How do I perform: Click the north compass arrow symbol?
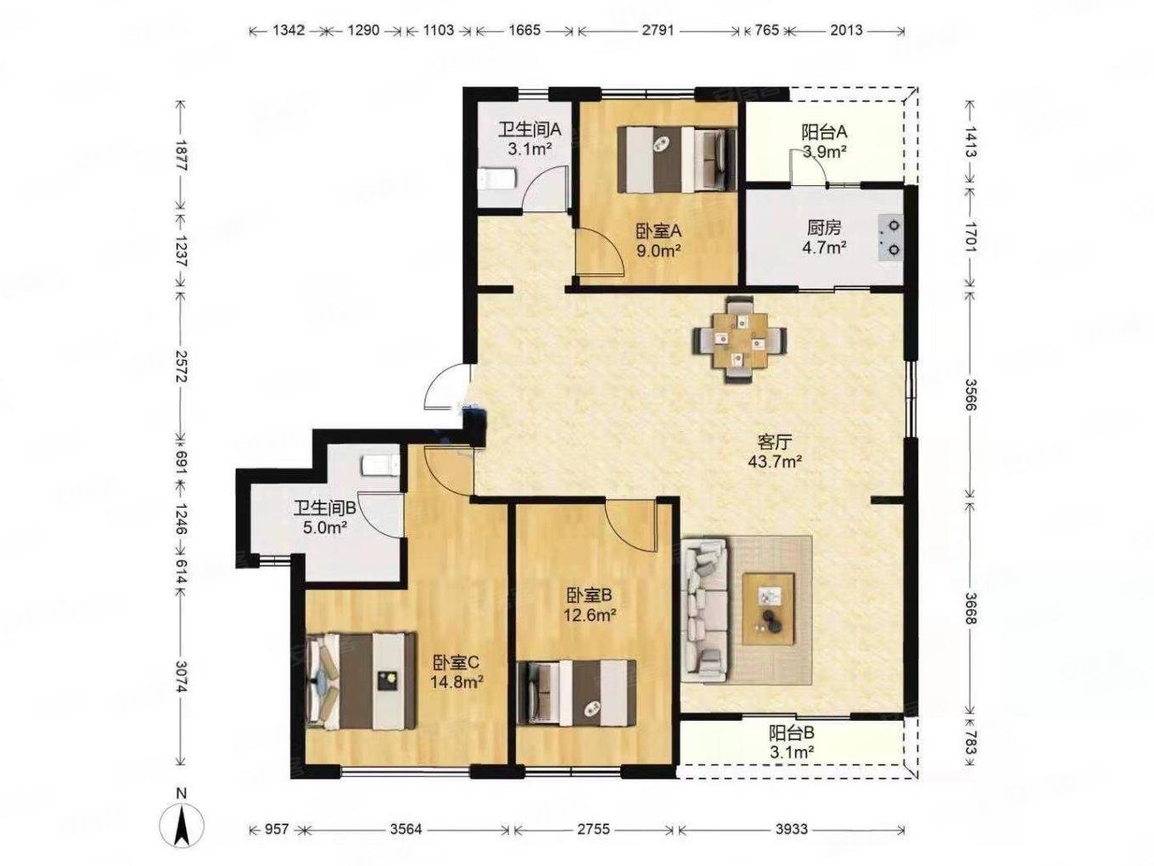coord(182,831)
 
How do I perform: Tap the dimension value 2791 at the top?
coord(658,30)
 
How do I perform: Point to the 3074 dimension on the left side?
coord(181,678)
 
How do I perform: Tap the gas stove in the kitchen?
coord(890,238)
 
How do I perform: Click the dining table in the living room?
coord(739,340)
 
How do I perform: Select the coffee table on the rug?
coord(768,608)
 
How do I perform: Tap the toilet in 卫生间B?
coord(379,466)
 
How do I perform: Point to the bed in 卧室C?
coord(361,680)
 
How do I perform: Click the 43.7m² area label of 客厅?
coord(775,462)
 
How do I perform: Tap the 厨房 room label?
coord(824,228)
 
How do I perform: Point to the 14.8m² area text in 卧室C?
coord(457,682)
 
